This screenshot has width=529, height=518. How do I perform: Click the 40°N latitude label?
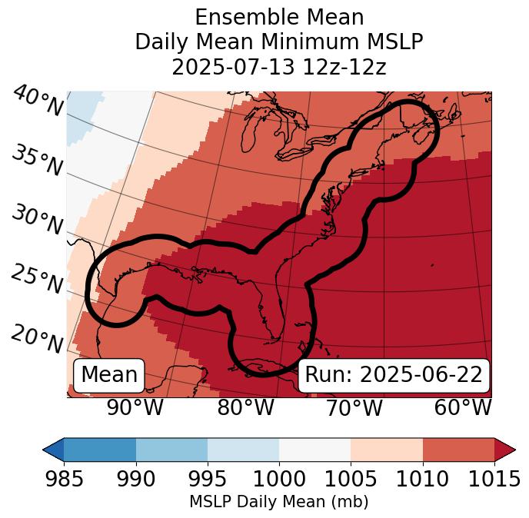(38, 102)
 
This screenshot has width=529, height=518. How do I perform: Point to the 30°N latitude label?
(38, 221)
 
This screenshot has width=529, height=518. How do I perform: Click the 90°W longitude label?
(135, 407)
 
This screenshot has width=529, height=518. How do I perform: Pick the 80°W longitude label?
(245, 407)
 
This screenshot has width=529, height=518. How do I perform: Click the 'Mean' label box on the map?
(109, 375)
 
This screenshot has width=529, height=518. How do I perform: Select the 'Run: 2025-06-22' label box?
(394, 375)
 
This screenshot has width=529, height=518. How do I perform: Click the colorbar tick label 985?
(64, 480)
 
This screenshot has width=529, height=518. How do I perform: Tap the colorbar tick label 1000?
(279, 480)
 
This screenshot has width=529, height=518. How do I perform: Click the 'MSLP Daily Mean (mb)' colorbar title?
(279, 502)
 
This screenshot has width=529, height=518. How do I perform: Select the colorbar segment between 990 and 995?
(171, 449)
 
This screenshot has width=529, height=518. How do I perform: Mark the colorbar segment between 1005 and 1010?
(387, 449)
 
